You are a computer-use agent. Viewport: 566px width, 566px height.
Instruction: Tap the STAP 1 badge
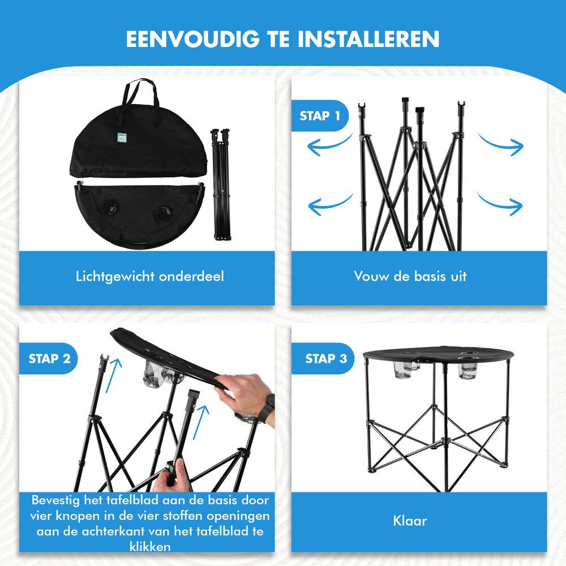click(320, 116)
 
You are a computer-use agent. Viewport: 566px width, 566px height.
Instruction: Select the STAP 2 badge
click(49, 358)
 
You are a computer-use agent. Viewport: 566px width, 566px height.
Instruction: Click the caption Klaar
click(409, 520)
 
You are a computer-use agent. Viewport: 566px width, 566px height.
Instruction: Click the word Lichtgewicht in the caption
click(115, 276)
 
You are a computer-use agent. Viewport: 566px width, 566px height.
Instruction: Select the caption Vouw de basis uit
click(410, 276)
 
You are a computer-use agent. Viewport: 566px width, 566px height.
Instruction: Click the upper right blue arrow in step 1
click(500, 143)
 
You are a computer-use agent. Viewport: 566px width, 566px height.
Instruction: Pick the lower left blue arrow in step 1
click(331, 205)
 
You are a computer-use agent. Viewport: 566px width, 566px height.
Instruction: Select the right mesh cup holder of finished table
click(469, 370)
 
